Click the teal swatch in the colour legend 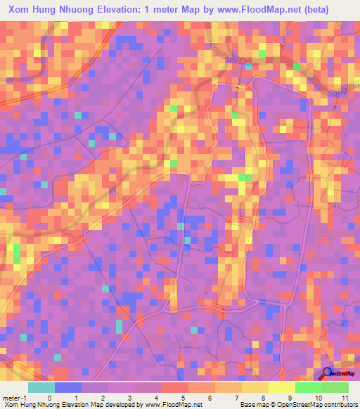pyautogui.click(x=41, y=387)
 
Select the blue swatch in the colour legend pyautogui.click(x=67, y=387)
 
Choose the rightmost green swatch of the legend pyautogui.click(x=335, y=387)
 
